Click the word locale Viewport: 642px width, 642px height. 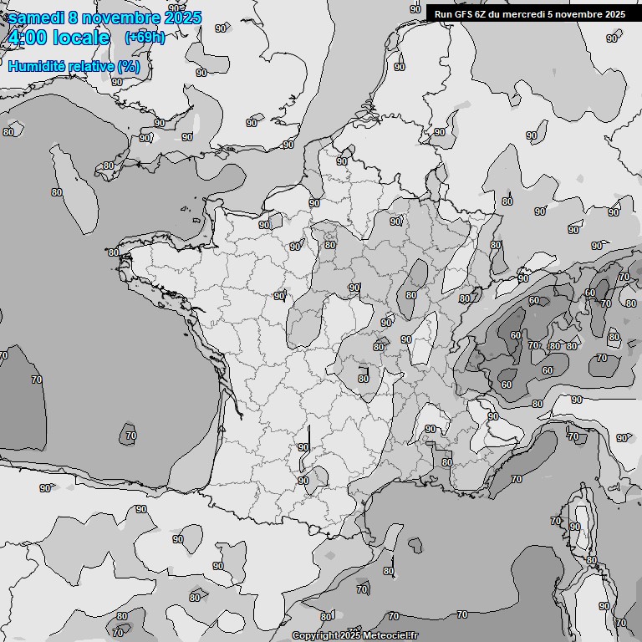coord(81,38)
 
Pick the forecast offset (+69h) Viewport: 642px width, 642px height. coord(145,38)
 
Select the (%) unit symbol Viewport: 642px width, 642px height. coord(129,66)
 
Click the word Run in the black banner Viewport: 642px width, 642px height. coord(443,14)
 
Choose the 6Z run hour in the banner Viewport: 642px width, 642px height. coord(481,14)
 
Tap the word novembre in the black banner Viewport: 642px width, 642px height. coord(578,14)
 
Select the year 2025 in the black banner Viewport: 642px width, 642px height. coord(614,14)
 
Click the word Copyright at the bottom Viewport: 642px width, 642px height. coord(313,636)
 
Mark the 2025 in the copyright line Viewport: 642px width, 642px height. coord(349,636)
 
